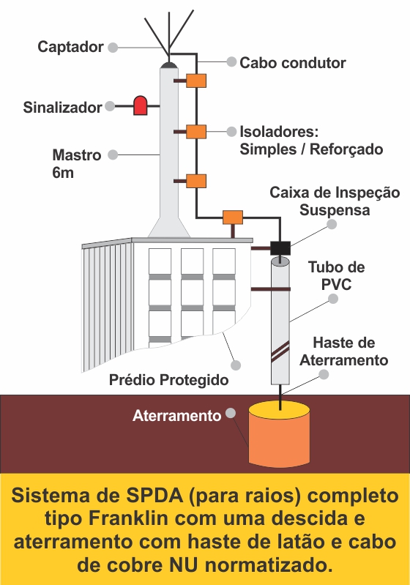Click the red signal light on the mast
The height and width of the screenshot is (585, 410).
coord(141,105)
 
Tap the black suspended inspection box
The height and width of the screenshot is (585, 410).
coord(280,247)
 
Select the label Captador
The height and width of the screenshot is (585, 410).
coord(70,47)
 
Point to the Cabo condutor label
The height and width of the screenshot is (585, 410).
coord(292,63)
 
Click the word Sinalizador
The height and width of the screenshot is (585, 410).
coord(62,107)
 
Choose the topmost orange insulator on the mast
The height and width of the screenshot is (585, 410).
coord(196,81)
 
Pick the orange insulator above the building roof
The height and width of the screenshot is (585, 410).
coord(233,217)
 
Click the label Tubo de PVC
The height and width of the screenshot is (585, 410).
coord(337,276)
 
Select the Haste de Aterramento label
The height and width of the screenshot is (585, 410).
coord(344,351)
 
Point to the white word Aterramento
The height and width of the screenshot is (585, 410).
coord(177,416)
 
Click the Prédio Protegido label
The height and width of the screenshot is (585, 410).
coord(168,380)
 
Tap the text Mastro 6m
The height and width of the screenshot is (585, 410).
coord(76,164)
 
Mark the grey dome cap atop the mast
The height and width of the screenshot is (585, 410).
coord(168,65)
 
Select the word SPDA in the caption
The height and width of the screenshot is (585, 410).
coord(155,496)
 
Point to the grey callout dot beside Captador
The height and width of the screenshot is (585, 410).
coord(113,48)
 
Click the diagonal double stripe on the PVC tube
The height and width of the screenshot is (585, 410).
coord(280,351)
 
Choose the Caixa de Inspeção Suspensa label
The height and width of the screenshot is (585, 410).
coord(335,201)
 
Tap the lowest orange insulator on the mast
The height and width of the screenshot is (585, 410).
coord(196,181)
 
